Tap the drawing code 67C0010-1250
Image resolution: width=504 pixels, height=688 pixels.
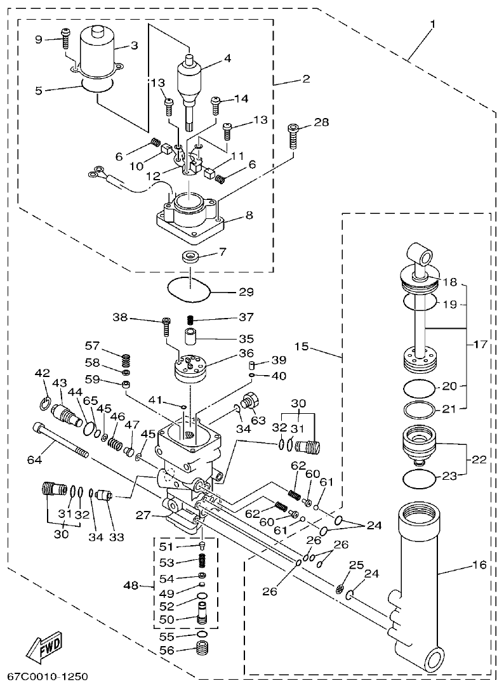click(48, 677)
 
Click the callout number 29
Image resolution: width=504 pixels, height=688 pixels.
click(246, 293)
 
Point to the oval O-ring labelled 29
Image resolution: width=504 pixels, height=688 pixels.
click(189, 289)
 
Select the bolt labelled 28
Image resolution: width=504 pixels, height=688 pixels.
click(293, 135)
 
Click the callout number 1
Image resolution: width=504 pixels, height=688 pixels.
click(432, 25)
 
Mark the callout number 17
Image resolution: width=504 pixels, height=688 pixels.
click(480, 346)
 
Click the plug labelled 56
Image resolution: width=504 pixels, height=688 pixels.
click(202, 651)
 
